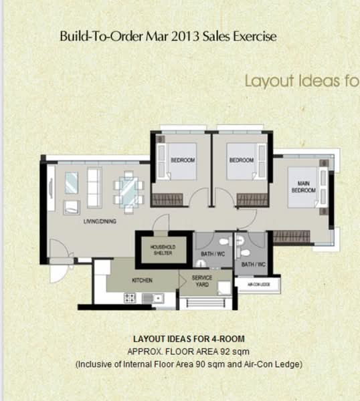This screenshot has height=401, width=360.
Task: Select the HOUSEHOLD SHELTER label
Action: [x=162, y=250]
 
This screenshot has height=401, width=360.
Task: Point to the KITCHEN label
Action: [x=142, y=280]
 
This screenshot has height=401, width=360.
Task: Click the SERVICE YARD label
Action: [x=202, y=281]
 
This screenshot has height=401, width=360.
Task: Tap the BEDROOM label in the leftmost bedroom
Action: [x=183, y=160]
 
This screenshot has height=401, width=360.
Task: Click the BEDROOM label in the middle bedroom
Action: [x=241, y=160]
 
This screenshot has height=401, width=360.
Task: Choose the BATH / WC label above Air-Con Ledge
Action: [x=253, y=265]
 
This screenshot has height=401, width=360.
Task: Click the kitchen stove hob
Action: [x=130, y=299]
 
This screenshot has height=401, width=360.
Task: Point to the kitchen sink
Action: [x=156, y=299]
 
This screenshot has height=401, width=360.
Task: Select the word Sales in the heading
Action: [x=206, y=36]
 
